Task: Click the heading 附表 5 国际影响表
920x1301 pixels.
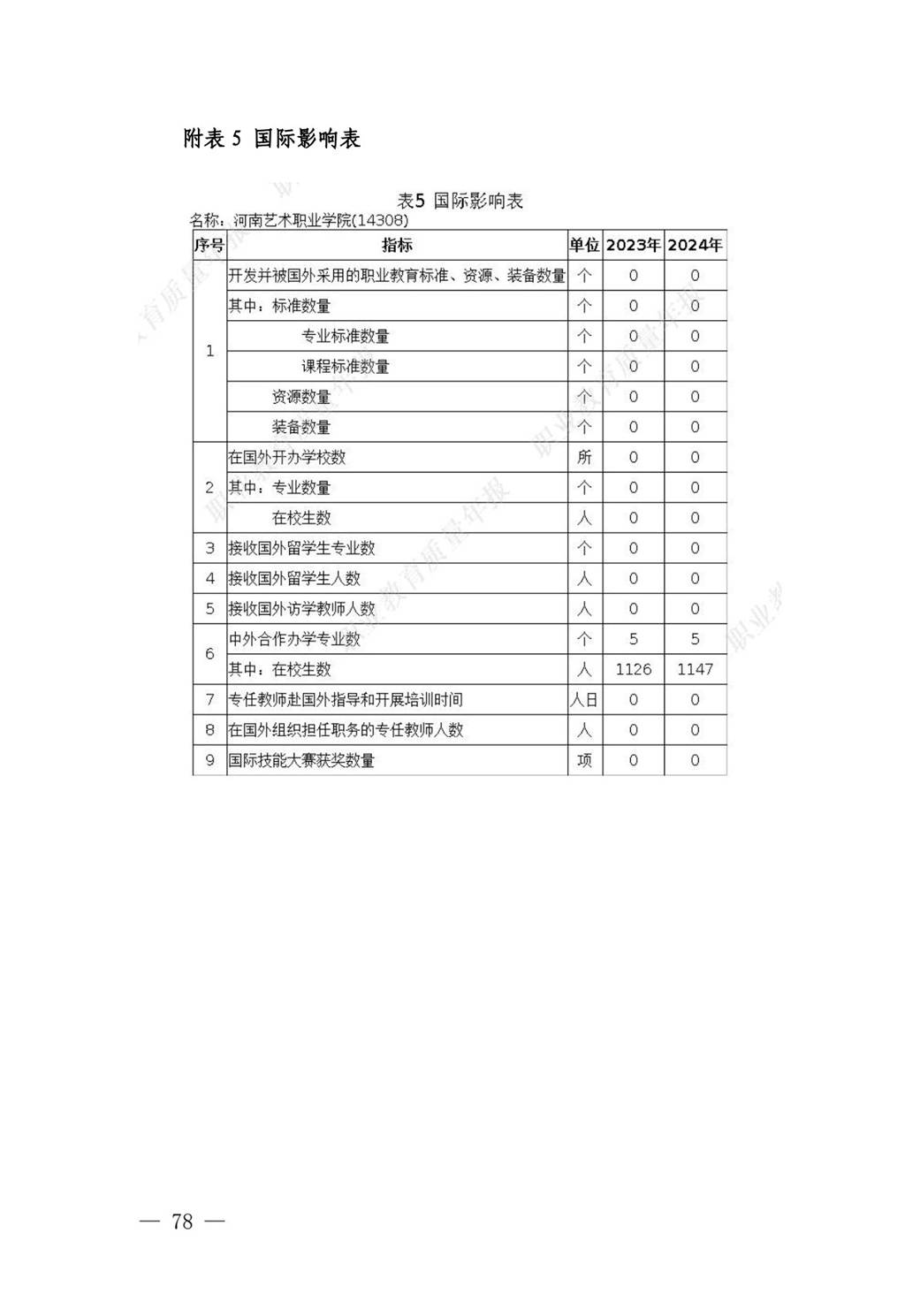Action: [x=271, y=139]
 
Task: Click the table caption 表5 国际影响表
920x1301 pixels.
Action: [x=460, y=201]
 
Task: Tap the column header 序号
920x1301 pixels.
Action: [x=209, y=245]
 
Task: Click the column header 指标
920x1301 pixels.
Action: [x=397, y=245]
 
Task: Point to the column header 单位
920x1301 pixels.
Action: [x=584, y=245]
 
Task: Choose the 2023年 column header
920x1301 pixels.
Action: [x=633, y=245]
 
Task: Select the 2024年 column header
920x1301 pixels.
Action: [x=695, y=245]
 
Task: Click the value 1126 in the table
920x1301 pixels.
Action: [x=633, y=669]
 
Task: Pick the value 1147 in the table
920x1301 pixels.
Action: [x=695, y=669]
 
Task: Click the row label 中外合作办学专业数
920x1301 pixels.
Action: [x=294, y=639]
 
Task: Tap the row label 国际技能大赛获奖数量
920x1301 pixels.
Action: [x=301, y=760]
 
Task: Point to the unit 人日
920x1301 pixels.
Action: [x=584, y=700]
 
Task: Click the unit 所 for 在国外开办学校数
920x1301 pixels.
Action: [x=584, y=457]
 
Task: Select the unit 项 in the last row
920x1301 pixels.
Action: [x=584, y=760]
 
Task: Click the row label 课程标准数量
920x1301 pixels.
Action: [x=345, y=366]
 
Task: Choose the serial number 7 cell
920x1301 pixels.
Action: [x=209, y=700]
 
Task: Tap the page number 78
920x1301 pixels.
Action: [x=182, y=1221]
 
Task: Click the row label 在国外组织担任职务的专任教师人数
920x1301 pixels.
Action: [x=346, y=730]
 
